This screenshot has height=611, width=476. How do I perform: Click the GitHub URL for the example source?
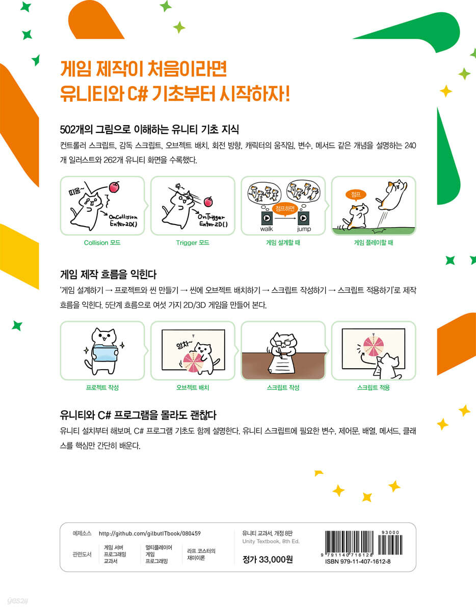150,534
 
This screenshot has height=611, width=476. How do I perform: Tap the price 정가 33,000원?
268,560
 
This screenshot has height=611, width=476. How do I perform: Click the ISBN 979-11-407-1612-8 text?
358,562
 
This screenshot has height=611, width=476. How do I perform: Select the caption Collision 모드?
102,243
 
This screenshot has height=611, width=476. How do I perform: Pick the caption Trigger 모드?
193,243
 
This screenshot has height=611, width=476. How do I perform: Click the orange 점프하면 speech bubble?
285,209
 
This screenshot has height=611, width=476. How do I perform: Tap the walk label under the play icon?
267,229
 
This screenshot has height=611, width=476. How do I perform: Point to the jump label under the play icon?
304,229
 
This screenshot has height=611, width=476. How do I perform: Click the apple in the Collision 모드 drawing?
114,187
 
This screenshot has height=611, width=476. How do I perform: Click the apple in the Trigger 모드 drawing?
208,202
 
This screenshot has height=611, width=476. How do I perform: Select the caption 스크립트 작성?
283,387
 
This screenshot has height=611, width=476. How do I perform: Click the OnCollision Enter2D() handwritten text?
123,221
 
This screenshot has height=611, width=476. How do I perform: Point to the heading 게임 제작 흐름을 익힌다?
109,274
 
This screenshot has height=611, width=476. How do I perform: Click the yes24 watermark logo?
17,601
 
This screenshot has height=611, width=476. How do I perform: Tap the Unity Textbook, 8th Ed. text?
271,541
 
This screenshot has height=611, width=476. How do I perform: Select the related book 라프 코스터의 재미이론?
201,554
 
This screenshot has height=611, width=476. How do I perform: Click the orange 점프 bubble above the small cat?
356,195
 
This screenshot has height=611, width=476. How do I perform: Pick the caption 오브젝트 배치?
193,387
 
